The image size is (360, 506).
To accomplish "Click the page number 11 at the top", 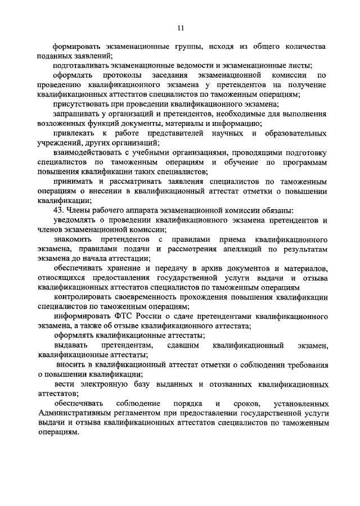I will click(x=180, y=26).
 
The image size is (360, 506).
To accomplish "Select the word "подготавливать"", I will click(x=80, y=65).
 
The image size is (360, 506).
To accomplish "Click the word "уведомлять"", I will click(x=75, y=221).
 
